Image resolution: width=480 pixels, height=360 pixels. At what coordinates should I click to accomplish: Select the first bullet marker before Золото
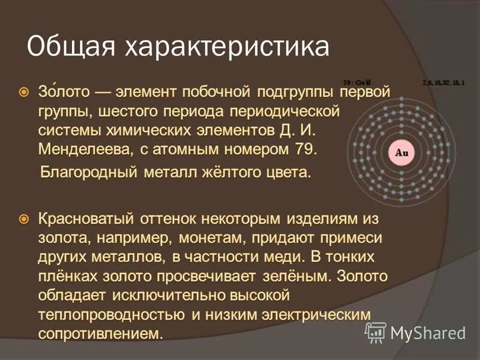click(23, 93)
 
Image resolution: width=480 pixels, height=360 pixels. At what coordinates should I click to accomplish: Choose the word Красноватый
click(86, 220)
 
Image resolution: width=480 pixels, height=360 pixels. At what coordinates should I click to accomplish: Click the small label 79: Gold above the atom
click(358, 82)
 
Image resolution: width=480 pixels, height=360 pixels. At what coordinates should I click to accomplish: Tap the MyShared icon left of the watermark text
click(376, 332)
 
